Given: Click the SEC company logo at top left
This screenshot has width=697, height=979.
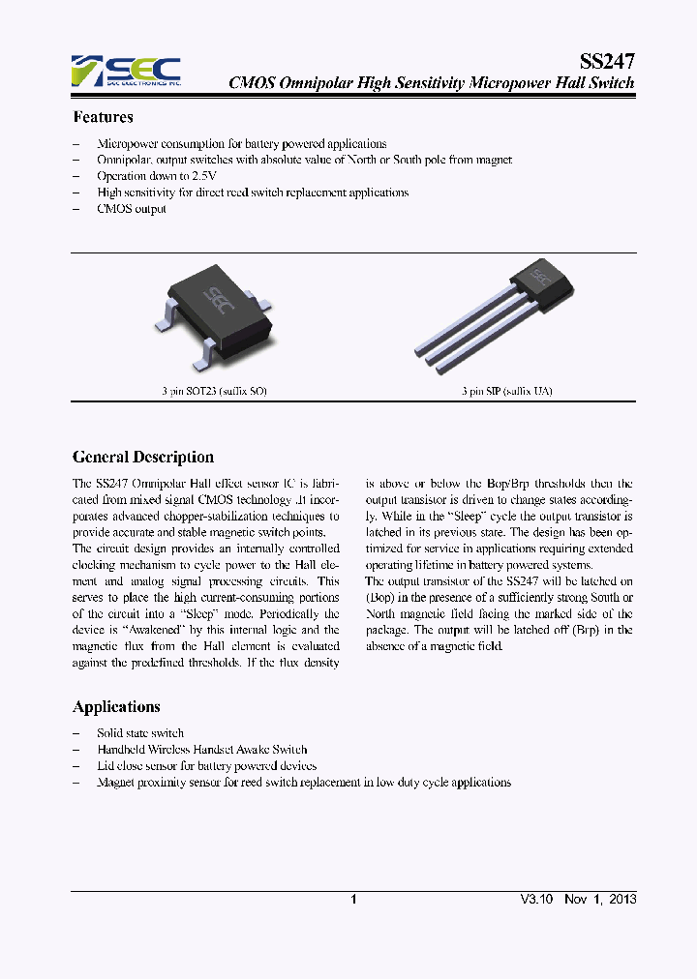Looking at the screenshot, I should [126, 71].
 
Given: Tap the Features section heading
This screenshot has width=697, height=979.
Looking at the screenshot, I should [103, 118].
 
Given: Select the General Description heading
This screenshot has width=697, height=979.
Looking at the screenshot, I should [143, 457].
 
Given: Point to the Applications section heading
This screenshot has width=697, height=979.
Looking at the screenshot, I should [116, 707].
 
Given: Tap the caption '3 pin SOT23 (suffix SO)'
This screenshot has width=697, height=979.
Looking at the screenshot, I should [214, 392].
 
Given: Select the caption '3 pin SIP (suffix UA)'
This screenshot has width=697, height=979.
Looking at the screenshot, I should [507, 392].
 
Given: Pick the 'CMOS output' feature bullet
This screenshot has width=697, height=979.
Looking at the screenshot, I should [132, 209].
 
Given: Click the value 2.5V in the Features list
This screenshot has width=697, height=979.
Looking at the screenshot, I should [203, 176].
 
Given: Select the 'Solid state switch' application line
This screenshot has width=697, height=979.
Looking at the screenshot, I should [140, 733].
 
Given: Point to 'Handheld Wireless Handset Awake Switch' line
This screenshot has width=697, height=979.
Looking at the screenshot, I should [202, 750].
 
